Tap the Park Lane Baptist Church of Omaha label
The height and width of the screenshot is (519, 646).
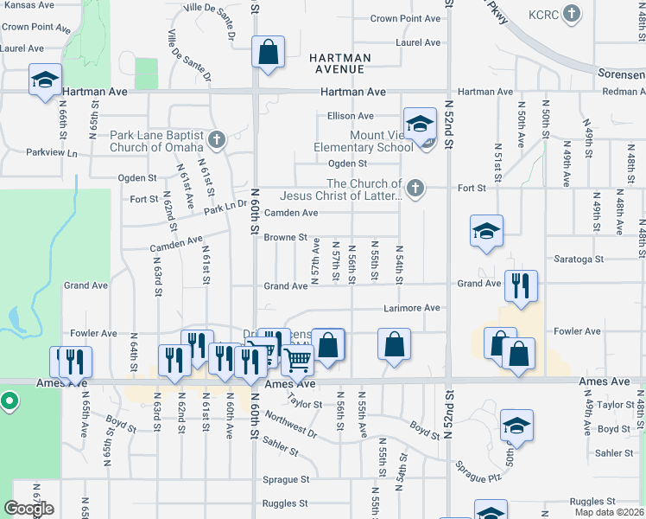(157, 141)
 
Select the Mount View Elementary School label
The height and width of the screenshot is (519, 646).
(364, 141)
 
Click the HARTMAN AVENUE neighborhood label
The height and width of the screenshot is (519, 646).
(340, 63)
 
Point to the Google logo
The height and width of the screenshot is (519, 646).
(28, 509)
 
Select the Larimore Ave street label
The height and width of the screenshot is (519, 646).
(412, 308)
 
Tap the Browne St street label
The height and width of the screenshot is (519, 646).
(286, 237)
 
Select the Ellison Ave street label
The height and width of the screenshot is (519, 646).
(350, 116)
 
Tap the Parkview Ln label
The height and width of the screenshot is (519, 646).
(52, 153)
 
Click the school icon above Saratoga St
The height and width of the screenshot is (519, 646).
(486, 231)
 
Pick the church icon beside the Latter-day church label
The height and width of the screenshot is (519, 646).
(416, 188)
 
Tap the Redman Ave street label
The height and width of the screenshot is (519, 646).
(623, 92)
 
